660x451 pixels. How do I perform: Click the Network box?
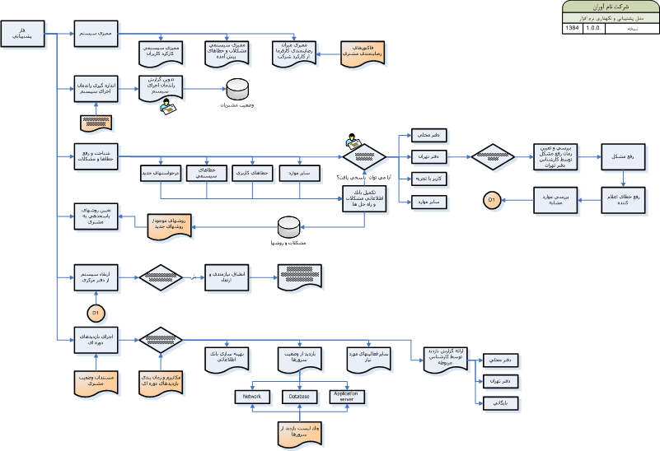click(252, 397)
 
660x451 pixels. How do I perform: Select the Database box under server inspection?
click(299, 397)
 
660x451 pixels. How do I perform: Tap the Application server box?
click(348, 397)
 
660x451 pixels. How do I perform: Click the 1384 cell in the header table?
click(573, 27)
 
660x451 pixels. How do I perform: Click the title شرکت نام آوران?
click(610, 6)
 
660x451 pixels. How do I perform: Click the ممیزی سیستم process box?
click(96, 34)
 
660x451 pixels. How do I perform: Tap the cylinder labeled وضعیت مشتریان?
click(238, 88)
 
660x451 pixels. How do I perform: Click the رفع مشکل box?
click(624, 156)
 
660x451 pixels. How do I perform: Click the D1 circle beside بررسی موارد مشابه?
click(490, 199)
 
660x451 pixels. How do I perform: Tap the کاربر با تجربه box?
click(429, 178)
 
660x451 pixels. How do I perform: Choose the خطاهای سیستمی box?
click(207, 173)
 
